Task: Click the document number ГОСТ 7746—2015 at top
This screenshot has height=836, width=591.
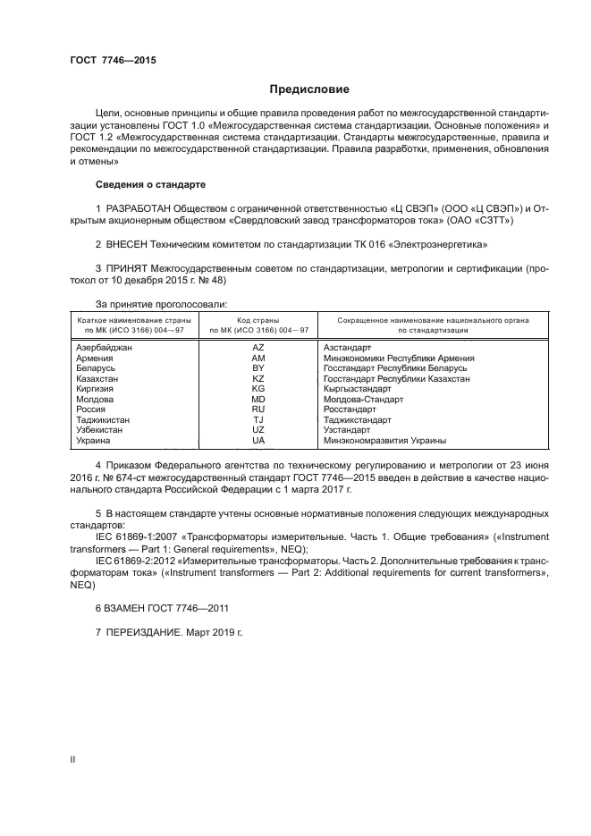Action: [x=114, y=61]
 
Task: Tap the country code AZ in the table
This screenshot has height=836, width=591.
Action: [x=258, y=347]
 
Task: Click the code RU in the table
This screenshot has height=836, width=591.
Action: [x=258, y=409]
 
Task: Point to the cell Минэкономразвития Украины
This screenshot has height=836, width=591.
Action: [x=384, y=440]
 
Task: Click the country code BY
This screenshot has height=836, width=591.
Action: [x=258, y=367]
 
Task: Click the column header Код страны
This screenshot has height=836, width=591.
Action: [x=258, y=319]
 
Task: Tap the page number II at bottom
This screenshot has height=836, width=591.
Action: [x=73, y=759]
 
